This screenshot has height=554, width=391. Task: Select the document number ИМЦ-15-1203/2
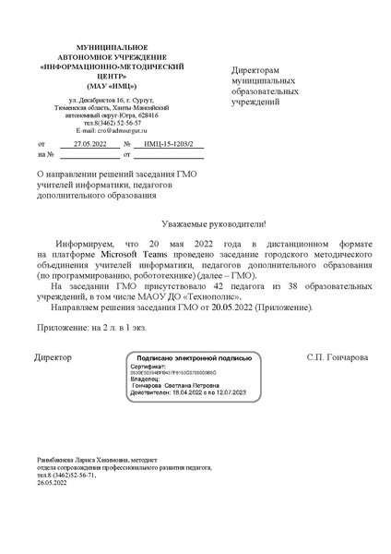click(x=168, y=145)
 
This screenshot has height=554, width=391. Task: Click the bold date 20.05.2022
click(x=231, y=307)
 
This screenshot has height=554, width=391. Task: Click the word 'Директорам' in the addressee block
click(x=255, y=70)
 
